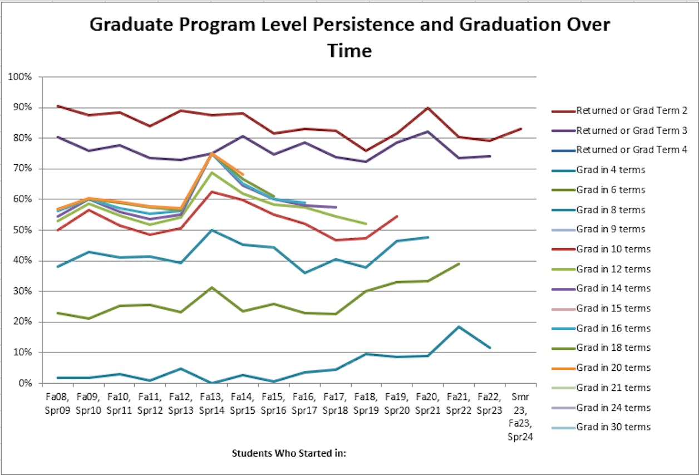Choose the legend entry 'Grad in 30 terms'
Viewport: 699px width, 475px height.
613,427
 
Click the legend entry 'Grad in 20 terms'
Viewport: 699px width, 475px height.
613,368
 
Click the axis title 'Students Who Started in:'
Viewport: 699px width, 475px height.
289,453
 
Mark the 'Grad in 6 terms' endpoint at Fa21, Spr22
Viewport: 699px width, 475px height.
459,263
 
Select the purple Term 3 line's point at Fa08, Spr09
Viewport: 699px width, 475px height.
58,136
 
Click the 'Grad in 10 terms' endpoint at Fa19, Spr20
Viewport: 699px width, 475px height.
397,216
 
